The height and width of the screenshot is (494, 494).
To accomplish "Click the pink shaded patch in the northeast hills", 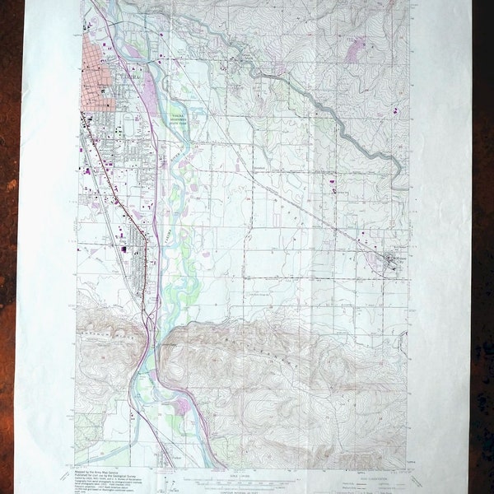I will coord(355,49).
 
